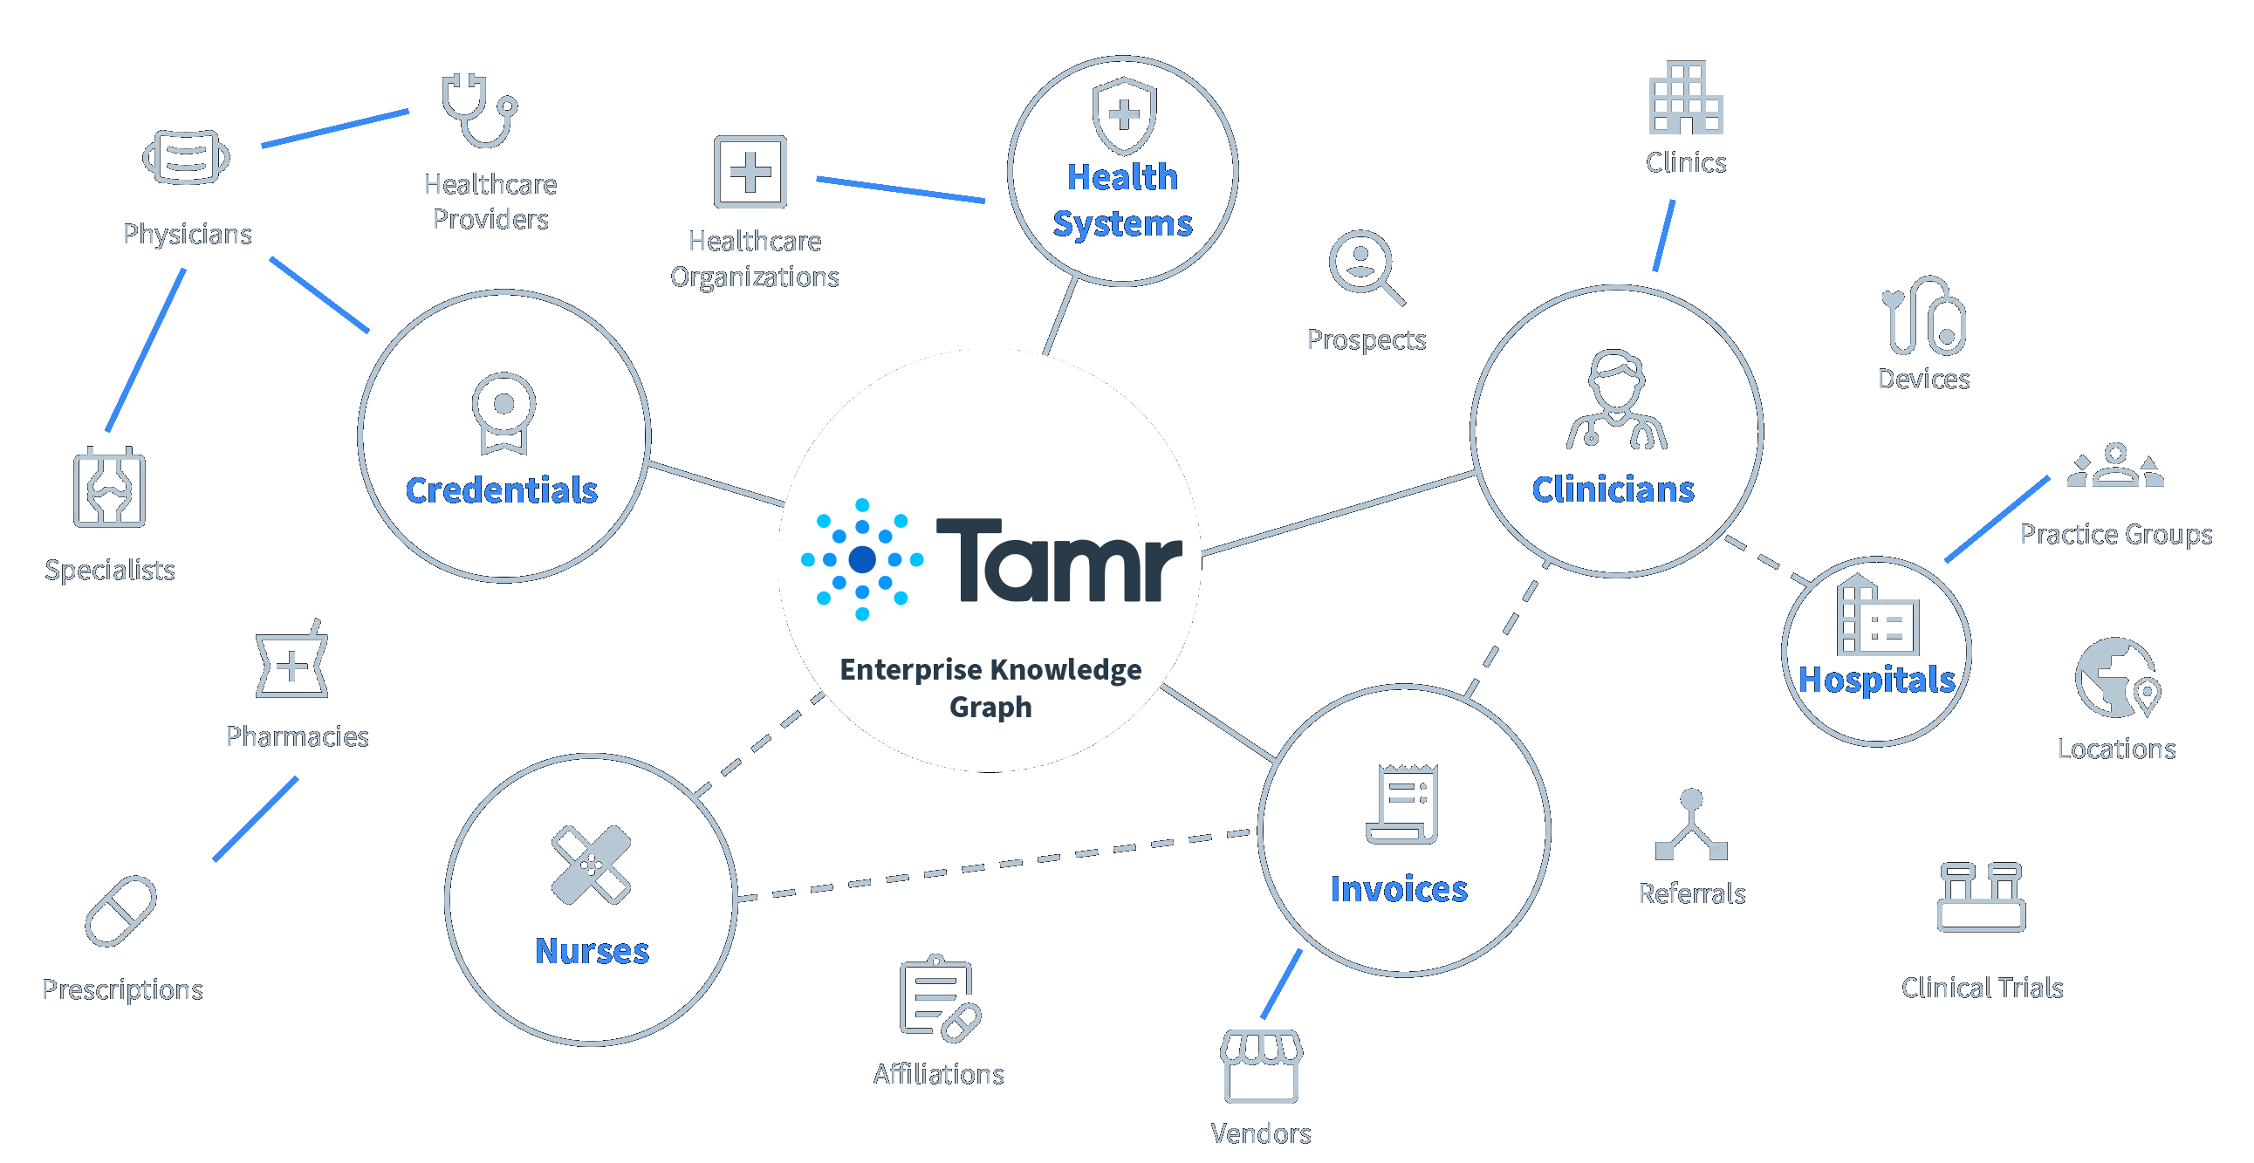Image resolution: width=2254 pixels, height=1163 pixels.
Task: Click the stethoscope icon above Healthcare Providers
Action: [478, 111]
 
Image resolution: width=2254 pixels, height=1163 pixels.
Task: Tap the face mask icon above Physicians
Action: [187, 158]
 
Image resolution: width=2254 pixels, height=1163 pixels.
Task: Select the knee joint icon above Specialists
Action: [109, 488]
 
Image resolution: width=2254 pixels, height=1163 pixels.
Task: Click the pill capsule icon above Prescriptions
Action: [120, 911]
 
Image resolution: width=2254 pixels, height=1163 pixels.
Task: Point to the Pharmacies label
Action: [298, 736]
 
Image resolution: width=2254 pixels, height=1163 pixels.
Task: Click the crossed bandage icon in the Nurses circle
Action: [591, 865]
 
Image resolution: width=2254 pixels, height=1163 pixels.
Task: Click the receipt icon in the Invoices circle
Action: [1402, 804]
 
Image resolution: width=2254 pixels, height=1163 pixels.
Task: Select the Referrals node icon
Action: [1691, 825]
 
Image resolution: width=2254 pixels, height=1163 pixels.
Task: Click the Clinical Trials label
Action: [1982, 988]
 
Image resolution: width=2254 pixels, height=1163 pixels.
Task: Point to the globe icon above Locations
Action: [2117, 678]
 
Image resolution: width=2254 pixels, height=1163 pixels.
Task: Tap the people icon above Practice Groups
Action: [2115, 467]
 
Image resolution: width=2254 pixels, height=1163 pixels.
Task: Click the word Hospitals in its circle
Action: [1876, 679]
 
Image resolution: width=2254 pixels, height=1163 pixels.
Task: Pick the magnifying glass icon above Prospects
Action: [1365, 266]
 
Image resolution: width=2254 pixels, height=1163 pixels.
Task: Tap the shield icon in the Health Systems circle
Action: [1123, 114]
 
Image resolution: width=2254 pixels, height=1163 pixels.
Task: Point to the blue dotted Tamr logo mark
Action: [862, 559]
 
